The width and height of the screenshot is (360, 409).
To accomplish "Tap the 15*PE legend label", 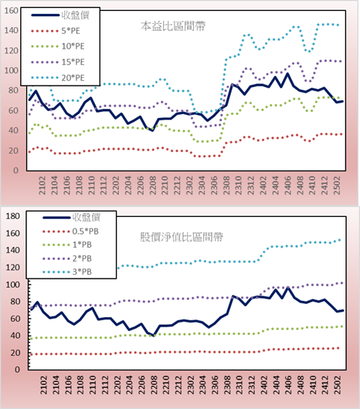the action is [x=73, y=62].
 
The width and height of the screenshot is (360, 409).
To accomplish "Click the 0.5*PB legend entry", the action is [x=70, y=232].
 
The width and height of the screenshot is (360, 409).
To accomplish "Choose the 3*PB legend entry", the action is [x=67, y=272].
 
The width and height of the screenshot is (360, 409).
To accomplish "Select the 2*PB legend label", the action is [x=82, y=259].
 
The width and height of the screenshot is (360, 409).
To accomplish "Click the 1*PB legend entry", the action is [x=67, y=245].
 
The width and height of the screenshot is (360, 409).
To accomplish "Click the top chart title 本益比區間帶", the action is [x=173, y=26].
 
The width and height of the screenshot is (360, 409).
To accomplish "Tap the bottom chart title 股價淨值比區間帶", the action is [x=182, y=237].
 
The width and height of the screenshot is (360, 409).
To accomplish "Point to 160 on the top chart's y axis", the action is [x=12, y=11].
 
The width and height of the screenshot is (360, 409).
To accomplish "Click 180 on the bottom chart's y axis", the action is [x=12, y=216].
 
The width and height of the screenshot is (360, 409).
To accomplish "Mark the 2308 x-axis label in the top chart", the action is [x=226, y=185].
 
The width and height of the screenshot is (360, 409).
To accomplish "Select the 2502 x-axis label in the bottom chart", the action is [x=338, y=385].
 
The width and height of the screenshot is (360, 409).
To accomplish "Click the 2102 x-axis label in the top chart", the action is [x=42, y=185].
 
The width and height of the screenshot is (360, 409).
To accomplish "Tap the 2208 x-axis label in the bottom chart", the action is [x=153, y=385].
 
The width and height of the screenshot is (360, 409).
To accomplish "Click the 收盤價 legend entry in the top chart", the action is [x=60, y=15].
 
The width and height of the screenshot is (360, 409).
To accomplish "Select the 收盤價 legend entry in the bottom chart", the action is [x=72, y=218].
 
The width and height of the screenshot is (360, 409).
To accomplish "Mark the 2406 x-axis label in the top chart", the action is [x=288, y=185].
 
